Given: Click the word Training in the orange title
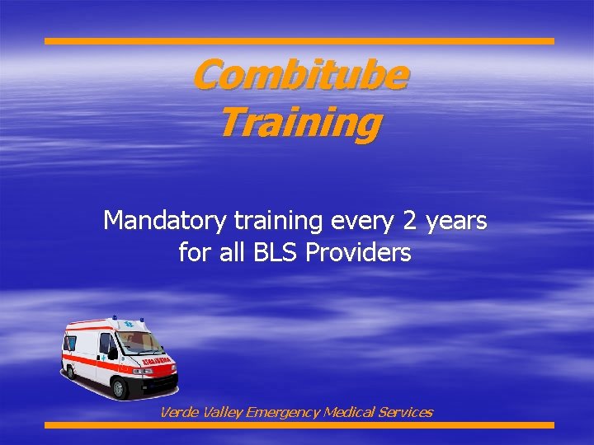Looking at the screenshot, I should click(x=299, y=123).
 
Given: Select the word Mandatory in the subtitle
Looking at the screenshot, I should click(x=164, y=221).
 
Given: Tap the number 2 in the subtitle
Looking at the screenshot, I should click(x=410, y=221).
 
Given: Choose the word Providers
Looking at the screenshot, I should click(x=358, y=252).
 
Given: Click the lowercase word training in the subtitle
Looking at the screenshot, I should click(x=276, y=221).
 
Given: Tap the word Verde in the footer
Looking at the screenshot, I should click(x=177, y=412).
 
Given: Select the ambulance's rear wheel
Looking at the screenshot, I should click(x=72, y=370).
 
